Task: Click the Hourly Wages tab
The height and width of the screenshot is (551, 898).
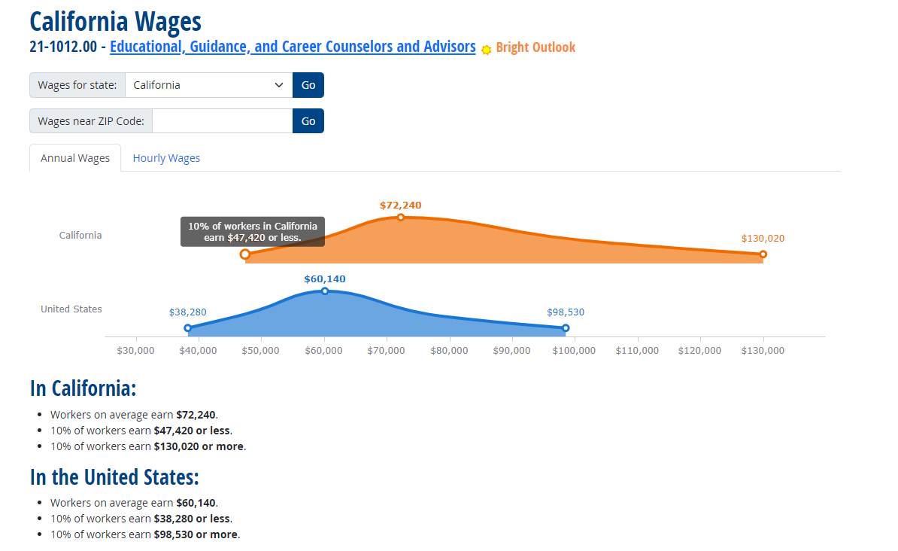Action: (x=166, y=158)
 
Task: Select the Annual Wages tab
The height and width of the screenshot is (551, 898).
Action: (x=75, y=158)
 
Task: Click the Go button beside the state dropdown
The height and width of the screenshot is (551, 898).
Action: (x=308, y=85)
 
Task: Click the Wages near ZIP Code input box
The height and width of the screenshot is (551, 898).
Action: (x=222, y=121)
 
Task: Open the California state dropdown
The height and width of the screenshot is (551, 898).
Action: (x=208, y=85)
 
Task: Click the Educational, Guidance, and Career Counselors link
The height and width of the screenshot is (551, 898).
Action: (x=293, y=47)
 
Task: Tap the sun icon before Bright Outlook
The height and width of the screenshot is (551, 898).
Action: (x=487, y=49)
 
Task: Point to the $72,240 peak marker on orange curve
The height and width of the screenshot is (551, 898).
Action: (x=401, y=217)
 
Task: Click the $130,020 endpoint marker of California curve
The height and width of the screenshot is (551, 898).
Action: (x=763, y=254)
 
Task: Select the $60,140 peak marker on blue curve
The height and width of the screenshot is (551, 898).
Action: (x=325, y=291)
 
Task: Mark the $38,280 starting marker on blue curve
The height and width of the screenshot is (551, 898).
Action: (x=188, y=328)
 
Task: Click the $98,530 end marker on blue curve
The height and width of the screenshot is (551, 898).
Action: (x=566, y=328)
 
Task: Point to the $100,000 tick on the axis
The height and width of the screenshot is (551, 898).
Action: (x=575, y=350)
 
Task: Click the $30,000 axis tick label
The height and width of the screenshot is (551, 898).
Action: (x=136, y=350)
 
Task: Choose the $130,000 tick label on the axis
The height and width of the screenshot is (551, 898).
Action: (x=763, y=350)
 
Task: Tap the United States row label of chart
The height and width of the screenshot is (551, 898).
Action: (x=71, y=309)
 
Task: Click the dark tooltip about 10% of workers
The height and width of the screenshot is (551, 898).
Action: (x=253, y=232)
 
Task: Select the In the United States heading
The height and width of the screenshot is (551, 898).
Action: (x=114, y=477)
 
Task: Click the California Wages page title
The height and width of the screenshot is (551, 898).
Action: (x=116, y=21)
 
